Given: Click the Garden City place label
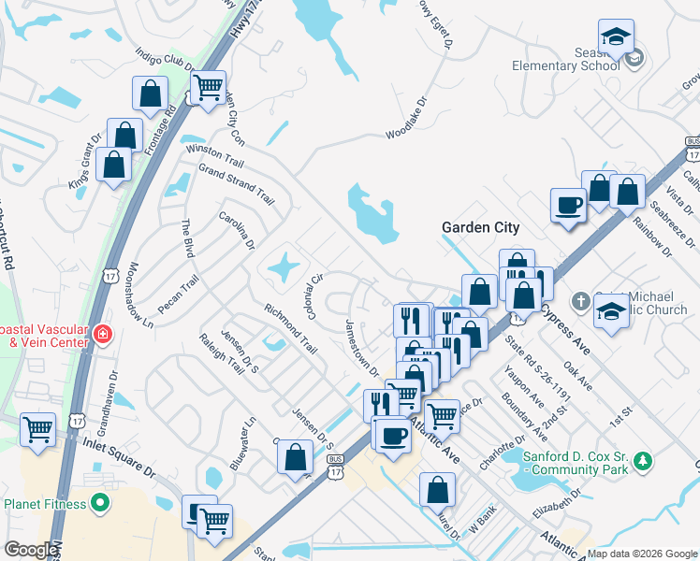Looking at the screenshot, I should coord(480,227).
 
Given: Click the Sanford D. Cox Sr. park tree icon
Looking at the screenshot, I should coord(642,461).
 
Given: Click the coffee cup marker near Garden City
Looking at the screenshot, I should coord(568,205).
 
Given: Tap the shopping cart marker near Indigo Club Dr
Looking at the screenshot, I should coord(208,89).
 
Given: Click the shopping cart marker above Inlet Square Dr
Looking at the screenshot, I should coord(38,431).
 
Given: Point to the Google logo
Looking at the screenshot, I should coord(31,551).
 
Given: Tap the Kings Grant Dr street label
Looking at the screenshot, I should coord(84,166).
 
